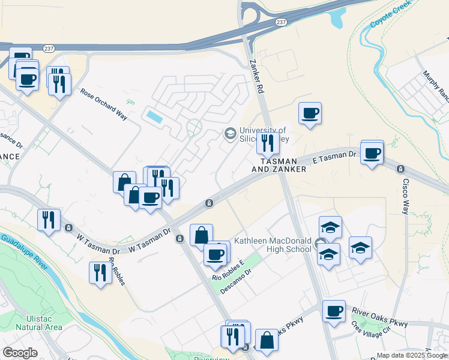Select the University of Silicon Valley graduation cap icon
230,134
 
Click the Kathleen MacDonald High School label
272,245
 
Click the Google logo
20,353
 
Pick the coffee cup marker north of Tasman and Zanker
310,113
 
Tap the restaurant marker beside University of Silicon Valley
268,143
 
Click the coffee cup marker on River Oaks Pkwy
334,311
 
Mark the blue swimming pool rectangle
154,116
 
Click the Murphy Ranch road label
435,84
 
